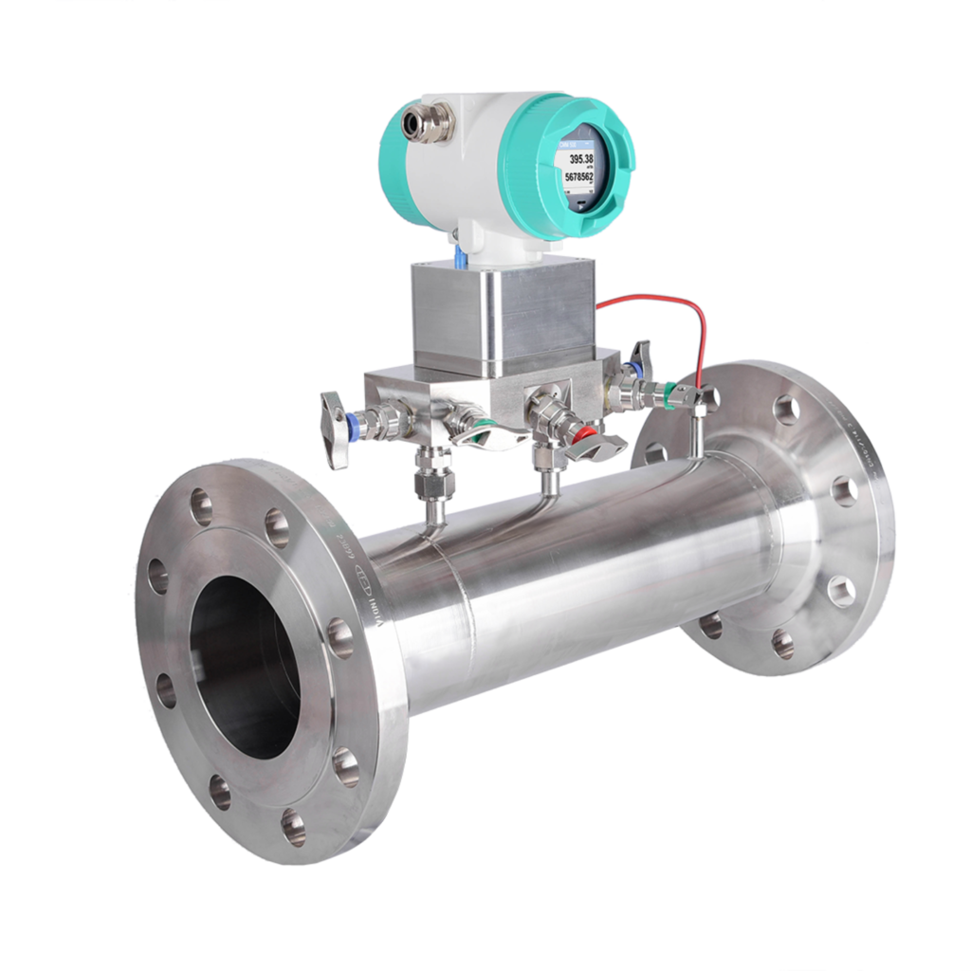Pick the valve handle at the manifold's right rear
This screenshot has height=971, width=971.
(x=643, y=357)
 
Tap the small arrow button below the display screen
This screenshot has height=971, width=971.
(x=580, y=202)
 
